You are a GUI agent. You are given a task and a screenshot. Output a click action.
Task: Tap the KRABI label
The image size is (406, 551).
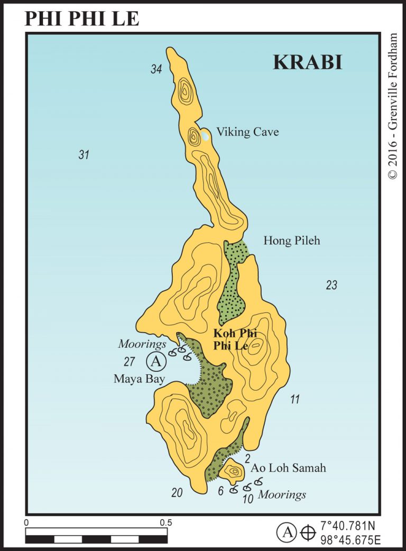tap(307, 62)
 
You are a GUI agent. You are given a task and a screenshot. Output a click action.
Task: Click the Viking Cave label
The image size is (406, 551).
tap(247, 132)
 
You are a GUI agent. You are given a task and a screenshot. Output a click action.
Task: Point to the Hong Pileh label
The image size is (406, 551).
tap(292, 241)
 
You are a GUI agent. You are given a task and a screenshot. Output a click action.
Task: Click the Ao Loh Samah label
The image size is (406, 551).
tap(288, 468)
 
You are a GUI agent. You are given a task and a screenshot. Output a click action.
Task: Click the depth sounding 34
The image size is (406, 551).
tap(155, 69)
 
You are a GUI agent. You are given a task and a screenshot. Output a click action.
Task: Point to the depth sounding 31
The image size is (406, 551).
tap(84, 155)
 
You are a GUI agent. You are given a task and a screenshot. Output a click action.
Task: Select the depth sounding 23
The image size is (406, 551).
tap(331, 286)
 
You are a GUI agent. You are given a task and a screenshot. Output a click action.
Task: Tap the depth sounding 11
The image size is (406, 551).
tap(294, 400)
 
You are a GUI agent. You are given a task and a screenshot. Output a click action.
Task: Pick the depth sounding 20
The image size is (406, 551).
tap(177, 493)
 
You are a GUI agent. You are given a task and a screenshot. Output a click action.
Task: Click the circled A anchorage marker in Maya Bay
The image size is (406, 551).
tap(155, 362)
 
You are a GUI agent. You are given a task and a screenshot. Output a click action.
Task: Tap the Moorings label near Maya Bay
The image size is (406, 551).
tap(142, 345)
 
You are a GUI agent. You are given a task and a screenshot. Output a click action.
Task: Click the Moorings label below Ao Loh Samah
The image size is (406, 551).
tap(282, 495)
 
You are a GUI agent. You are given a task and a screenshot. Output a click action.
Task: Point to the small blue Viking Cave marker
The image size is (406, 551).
tap(205, 136)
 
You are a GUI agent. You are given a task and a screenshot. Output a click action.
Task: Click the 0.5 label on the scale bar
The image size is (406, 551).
tap(165, 522)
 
